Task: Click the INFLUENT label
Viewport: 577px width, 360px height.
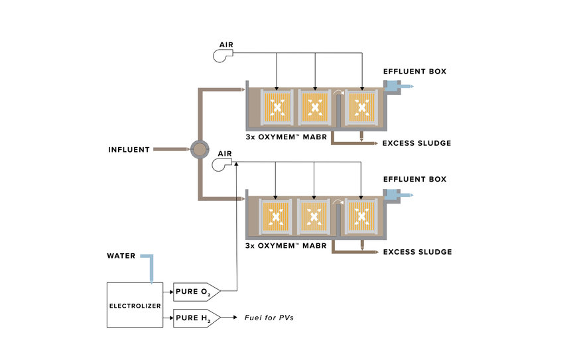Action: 129,150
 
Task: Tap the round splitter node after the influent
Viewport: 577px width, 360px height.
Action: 200,149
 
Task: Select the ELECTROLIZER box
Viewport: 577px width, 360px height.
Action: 135,305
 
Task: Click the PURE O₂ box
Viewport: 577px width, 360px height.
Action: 196,292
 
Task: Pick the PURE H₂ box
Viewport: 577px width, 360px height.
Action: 196,318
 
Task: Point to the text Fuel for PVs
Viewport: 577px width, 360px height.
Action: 269,318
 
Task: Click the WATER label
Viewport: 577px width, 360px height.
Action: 121,256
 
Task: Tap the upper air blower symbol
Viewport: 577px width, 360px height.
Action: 223,56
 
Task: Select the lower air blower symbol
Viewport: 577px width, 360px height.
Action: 222,164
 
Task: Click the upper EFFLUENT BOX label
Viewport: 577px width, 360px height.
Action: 415,72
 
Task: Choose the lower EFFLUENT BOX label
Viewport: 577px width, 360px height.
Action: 415,179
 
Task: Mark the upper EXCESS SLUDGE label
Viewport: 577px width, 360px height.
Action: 417,143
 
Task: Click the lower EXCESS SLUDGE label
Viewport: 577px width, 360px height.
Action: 417,252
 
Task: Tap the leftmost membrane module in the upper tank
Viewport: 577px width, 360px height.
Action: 277,107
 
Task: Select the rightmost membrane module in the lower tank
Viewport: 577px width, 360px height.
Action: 361,216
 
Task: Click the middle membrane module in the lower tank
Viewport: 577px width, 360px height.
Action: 314,216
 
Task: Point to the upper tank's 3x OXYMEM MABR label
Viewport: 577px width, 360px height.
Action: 287,137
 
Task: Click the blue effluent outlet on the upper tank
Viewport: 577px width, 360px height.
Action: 399,86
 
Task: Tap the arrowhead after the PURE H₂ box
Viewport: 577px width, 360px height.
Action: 235,318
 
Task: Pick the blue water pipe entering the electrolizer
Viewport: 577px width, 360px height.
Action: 149,267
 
